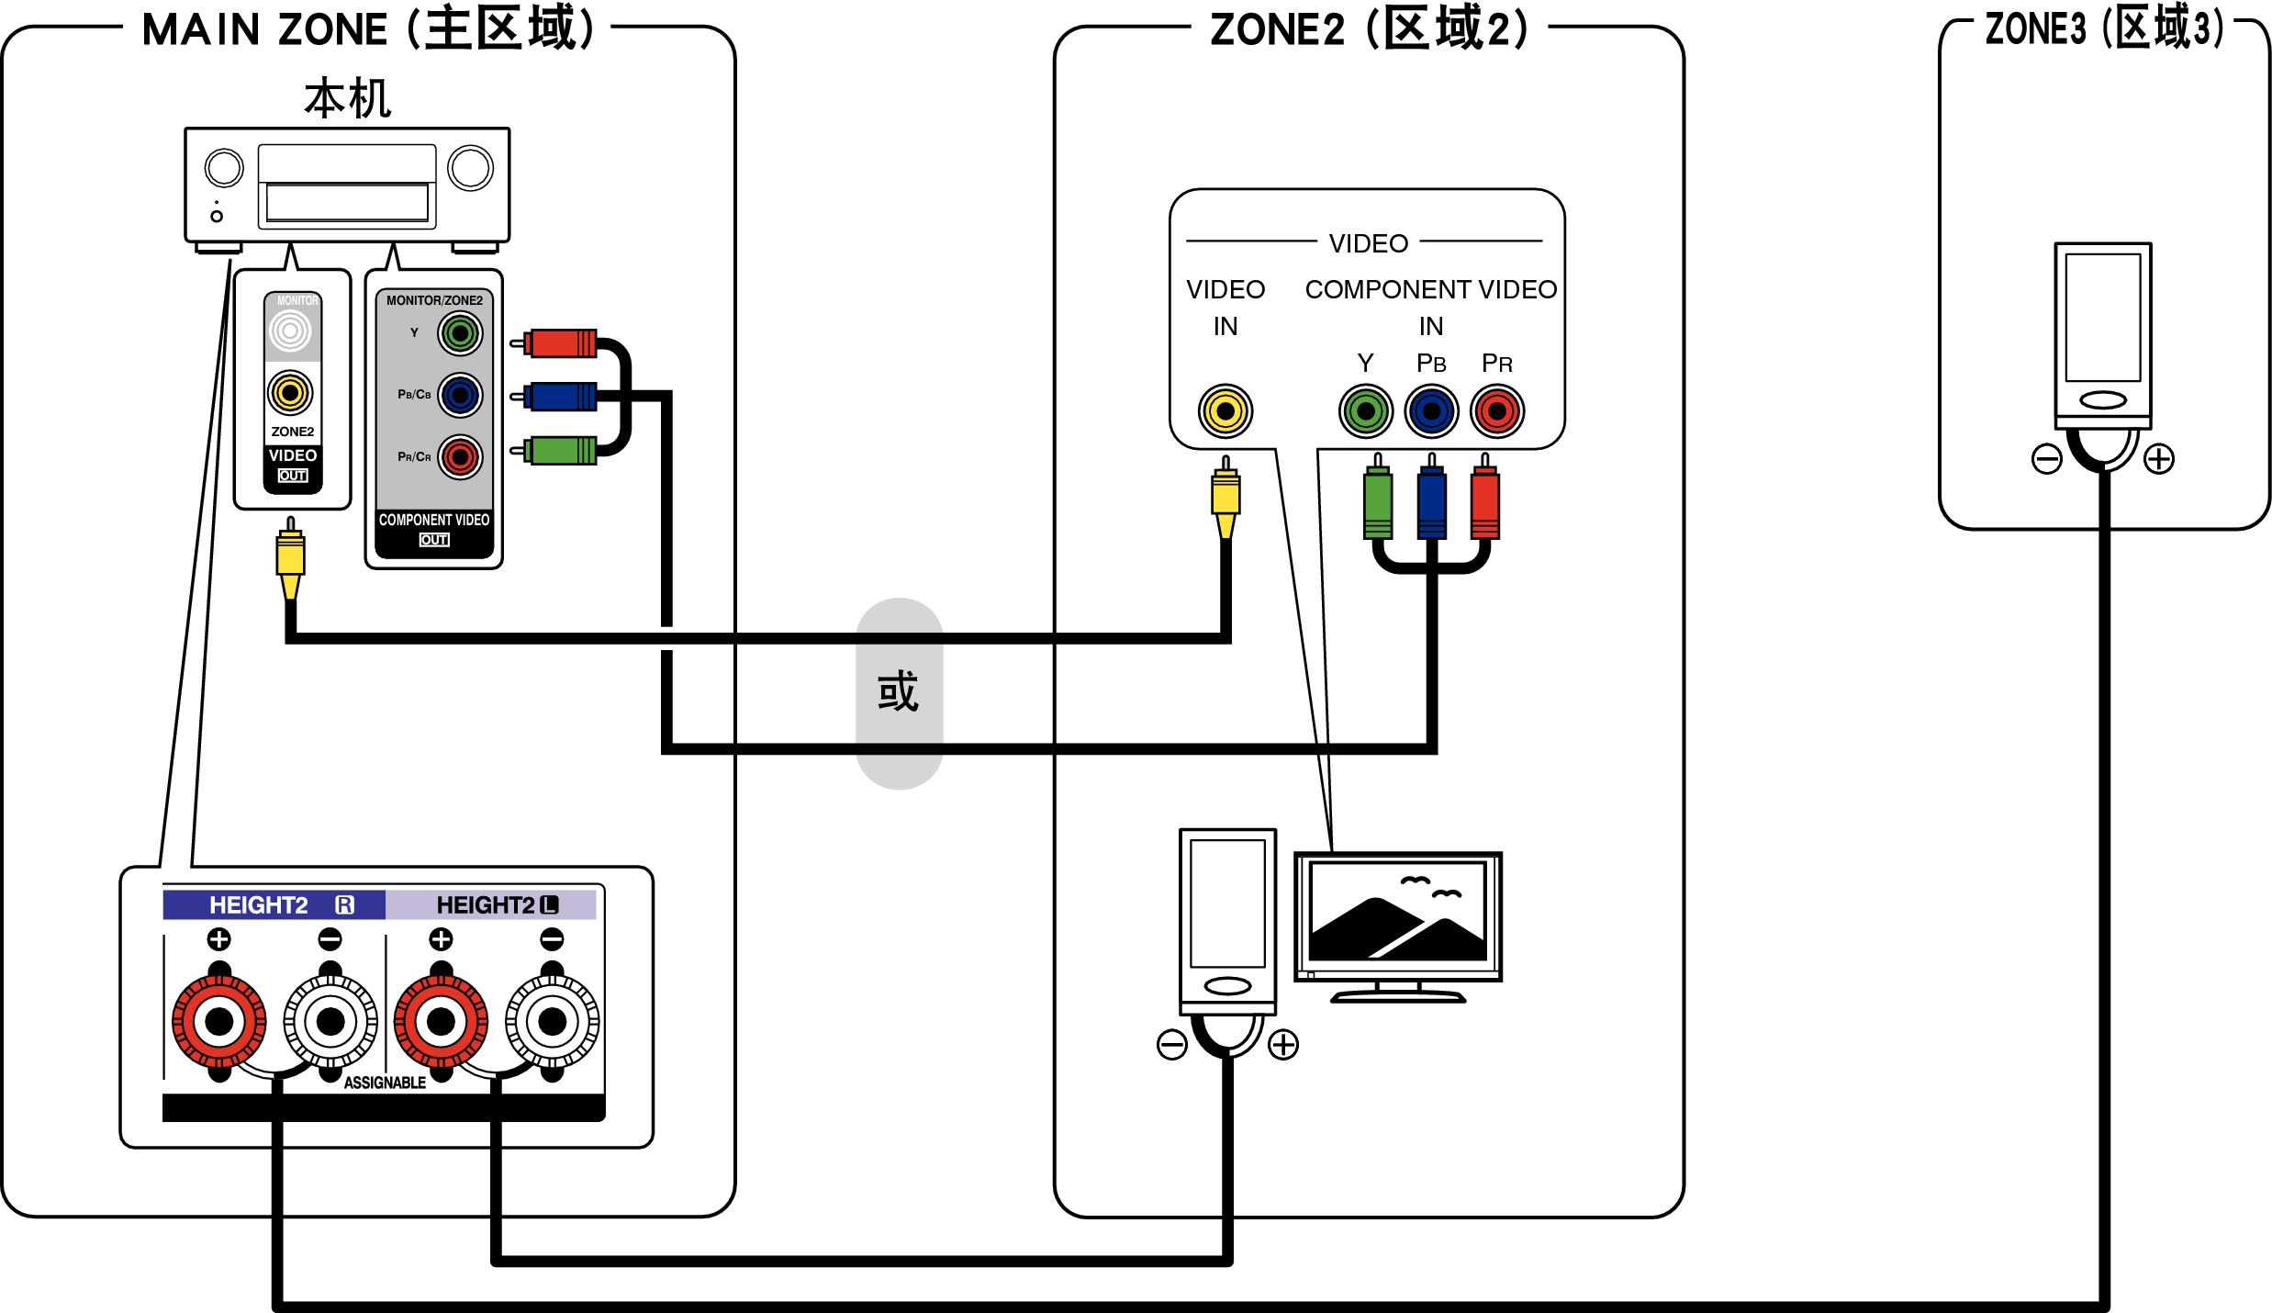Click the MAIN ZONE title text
click(367, 29)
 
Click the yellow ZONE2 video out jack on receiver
click(290, 393)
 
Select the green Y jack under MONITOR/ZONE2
click(460, 333)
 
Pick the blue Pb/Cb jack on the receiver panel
click(460, 396)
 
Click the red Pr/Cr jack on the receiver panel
click(460, 456)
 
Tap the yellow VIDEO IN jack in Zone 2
click(1226, 410)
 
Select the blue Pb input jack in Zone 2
click(1431, 410)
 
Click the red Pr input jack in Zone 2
click(1497, 410)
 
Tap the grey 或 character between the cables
click(899, 691)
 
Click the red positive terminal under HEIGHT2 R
click(219, 1021)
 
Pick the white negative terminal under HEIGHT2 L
click(552, 1021)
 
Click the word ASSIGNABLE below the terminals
click(385, 1083)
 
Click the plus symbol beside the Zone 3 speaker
click(2159, 458)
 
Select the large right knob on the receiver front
click(470, 168)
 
